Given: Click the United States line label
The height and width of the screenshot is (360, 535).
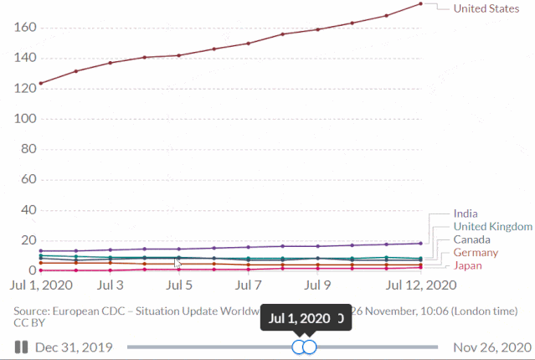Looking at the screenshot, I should pos(485,9).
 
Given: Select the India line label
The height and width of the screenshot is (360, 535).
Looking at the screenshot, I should pos(466,213).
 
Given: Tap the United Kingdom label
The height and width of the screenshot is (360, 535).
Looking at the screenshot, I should pos(492,227).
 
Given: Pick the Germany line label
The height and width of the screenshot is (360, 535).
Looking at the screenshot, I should pos(476,253).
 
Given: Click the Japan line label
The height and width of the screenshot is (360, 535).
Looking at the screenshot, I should pos(468,265).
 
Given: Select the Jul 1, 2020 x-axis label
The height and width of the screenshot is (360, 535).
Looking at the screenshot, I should pos(41,285).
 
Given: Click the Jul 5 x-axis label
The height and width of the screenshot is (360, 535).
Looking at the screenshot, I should pos(179,285).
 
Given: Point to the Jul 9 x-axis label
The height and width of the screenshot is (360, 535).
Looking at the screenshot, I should pos(317,285).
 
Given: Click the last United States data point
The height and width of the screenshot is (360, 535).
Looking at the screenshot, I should pos(420,4).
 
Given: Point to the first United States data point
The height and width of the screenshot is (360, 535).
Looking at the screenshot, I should pos(41,83).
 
